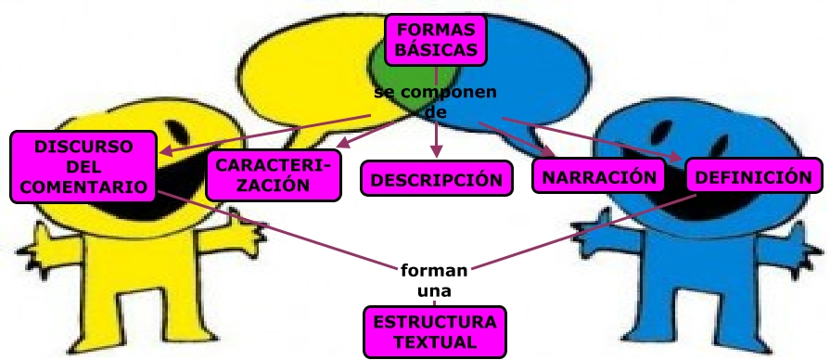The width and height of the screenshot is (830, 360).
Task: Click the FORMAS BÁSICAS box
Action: pyautogui.click(x=436, y=39)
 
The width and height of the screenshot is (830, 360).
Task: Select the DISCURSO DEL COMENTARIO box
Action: pyautogui.click(x=83, y=167)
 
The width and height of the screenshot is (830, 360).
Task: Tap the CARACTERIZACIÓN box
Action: pyautogui.click(x=270, y=174)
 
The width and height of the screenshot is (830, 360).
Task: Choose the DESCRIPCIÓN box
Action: pyautogui.click(x=436, y=179)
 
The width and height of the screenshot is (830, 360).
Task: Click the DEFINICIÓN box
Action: pyautogui.click(x=753, y=175)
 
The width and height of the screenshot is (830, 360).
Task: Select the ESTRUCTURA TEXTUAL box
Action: pyautogui.click(x=435, y=332)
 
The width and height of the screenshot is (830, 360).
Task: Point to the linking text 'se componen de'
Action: pyautogui.click(x=436, y=102)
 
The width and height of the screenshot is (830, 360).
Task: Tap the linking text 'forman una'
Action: pyautogui.click(x=435, y=280)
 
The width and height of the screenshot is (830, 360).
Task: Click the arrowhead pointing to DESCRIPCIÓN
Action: pyautogui.click(x=436, y=151)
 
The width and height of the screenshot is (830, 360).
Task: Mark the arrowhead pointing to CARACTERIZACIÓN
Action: pyautogui.click(x=340, y=145)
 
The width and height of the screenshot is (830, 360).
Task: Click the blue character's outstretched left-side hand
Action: pyautogui.click(x=583, y=231)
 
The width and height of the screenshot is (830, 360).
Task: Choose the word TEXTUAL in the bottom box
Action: pyautogui.click(x=435, y=341)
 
